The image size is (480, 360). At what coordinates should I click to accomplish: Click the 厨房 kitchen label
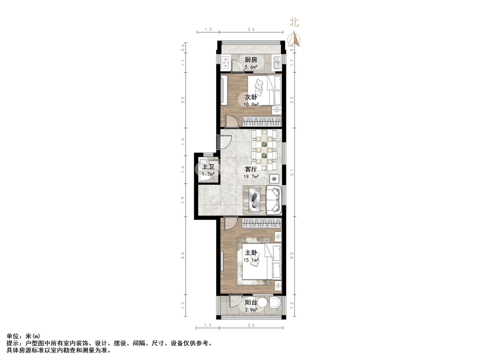click(251, 60)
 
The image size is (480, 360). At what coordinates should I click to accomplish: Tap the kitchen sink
click(277, 62)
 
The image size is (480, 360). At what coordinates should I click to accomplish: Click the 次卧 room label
click(250, 97)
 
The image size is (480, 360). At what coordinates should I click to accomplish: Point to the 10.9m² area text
click(250, 104)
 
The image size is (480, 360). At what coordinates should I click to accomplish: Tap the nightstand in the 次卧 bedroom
click(277, 110)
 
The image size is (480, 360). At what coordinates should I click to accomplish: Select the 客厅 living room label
click(251, 170)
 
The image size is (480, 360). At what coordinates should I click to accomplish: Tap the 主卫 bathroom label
click(208, 167)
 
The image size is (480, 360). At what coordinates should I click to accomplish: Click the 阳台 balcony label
click(251, 303)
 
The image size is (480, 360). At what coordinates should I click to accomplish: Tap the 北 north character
click(294, 22)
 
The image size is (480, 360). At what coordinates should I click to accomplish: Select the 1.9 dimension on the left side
click(182, 199)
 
